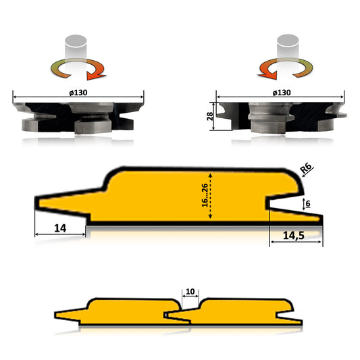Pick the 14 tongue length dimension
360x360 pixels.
click(x=59, y=228)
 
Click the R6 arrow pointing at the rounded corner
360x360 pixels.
click(x=299, y=174)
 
